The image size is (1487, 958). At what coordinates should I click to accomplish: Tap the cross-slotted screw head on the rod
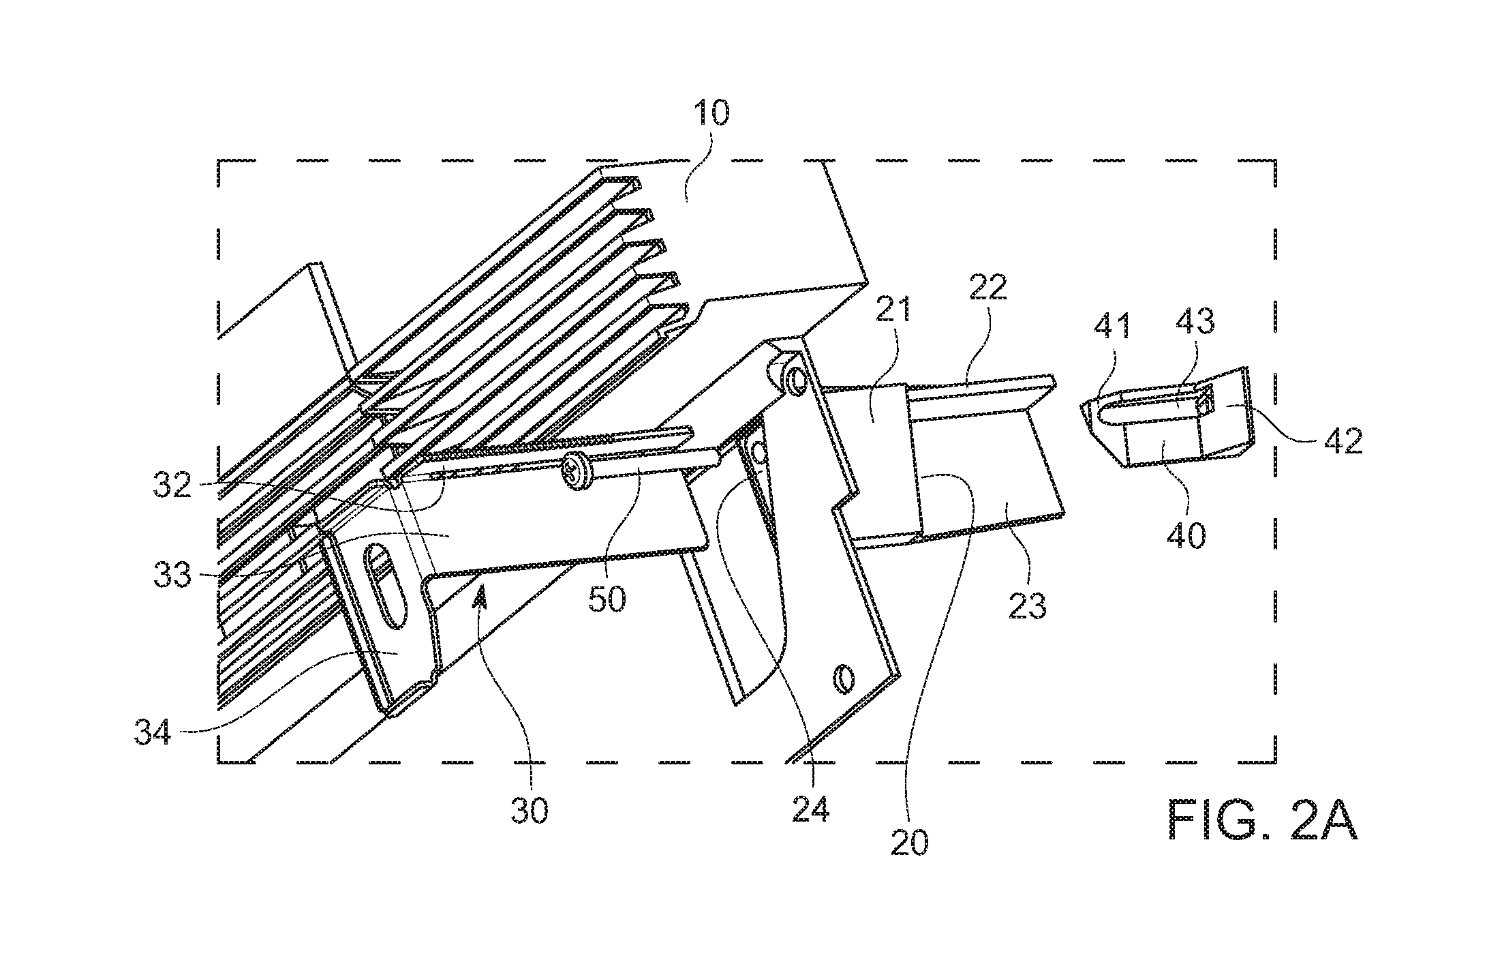click(x=574, y=472)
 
